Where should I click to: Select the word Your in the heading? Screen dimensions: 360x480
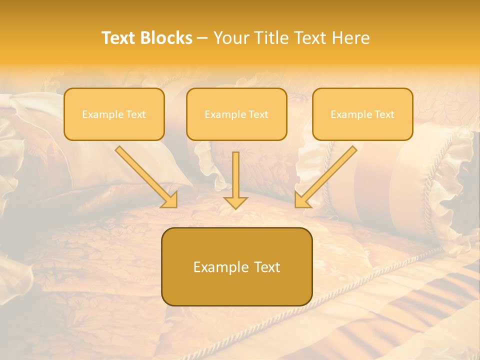(x=230, y=38)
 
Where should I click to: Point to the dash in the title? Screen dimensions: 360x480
(x=202, y=38)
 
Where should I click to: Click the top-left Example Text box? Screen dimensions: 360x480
(x=114, y=114)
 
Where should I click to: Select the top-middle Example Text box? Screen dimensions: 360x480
(x=236, y=114)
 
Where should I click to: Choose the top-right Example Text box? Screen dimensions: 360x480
(x=362, y=114)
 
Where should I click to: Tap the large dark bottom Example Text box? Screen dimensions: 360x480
(x=236, y=266)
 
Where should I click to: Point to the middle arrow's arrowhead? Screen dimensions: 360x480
(x=236, y=202)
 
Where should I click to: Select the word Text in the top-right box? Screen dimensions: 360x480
(x=384, y=114)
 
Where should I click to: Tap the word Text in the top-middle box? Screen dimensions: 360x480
(x=258, y=114)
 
